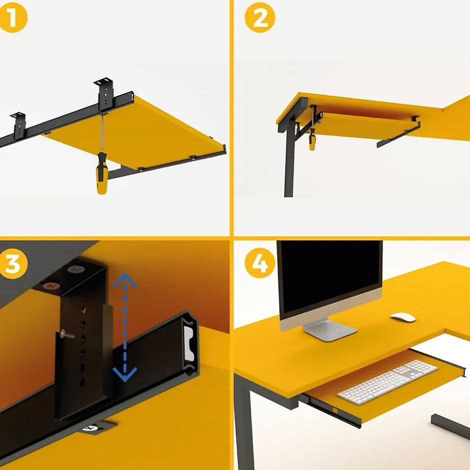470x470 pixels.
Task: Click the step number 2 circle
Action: coord(259,17)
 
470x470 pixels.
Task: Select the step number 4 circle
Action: coord(259,263)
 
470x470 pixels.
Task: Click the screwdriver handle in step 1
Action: coord(101,174)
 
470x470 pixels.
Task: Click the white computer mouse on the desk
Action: coord(403,317)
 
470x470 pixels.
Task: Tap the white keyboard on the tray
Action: coord(388,382)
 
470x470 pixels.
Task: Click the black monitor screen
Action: coord(329,276)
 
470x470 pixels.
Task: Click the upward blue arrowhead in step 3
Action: coord(124,279)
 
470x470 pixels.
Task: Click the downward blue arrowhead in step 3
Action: coord(124,374)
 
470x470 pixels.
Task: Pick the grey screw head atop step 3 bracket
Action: coord(76,269)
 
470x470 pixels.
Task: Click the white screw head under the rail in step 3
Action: coord(90,428)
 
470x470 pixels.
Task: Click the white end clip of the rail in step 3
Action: coord(188,343)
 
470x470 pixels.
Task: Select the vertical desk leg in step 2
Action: coord(289,162)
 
